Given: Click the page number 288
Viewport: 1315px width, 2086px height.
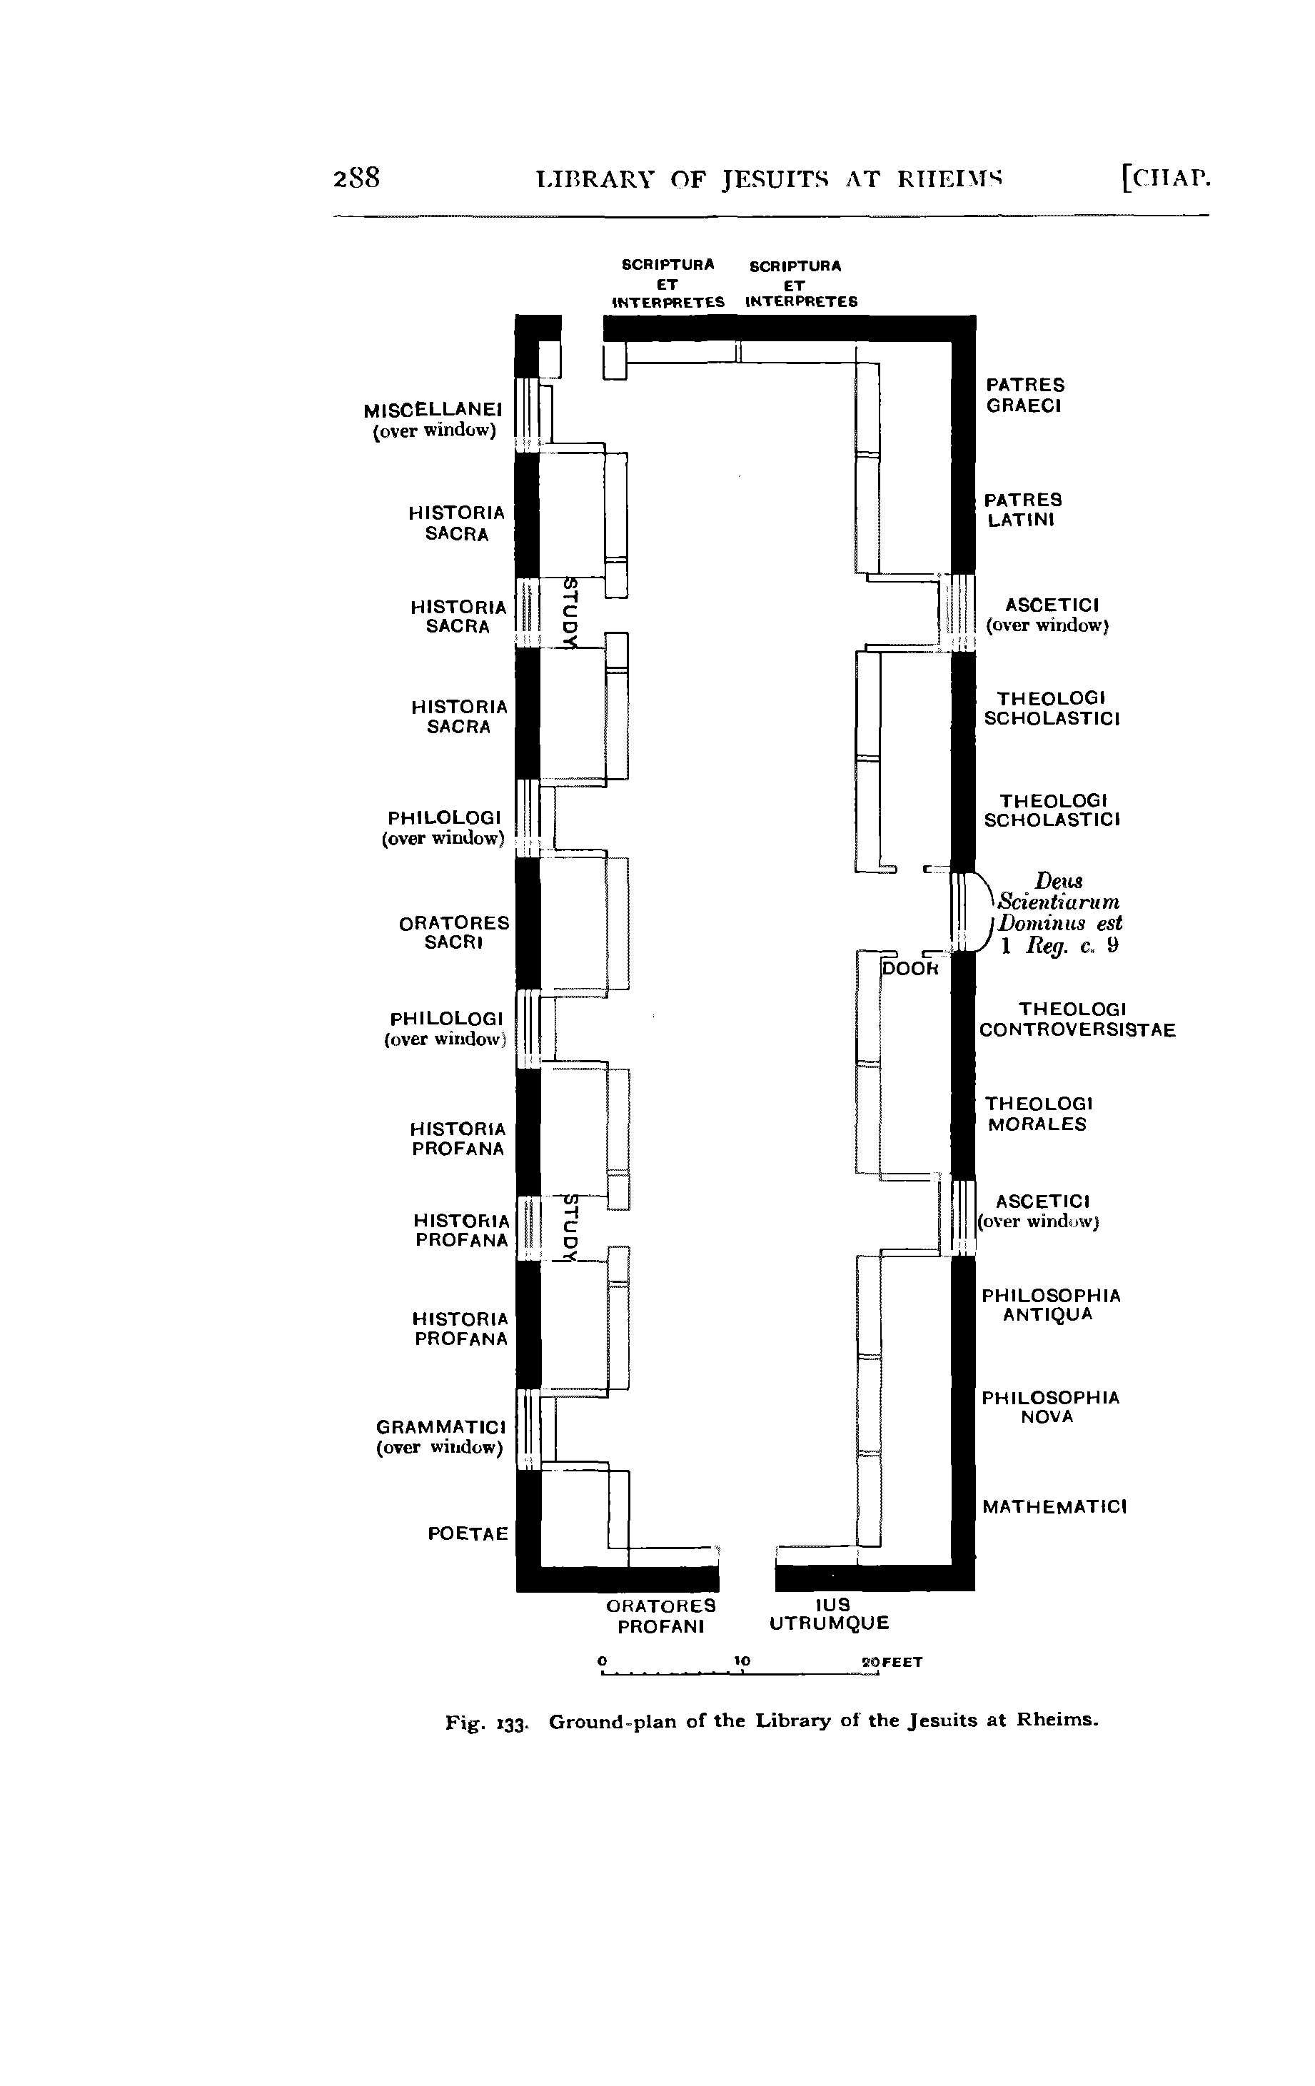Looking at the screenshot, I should [357, 178].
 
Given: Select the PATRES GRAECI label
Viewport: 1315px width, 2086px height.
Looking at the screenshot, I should [1024, 395].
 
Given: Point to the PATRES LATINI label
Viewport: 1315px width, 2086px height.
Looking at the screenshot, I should [1022, 510].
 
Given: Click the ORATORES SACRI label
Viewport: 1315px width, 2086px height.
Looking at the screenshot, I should [454, 933].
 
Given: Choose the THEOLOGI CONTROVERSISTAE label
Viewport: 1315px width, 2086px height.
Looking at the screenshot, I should [1077, 1019].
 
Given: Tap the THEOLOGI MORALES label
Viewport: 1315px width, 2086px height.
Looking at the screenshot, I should [1038, 1114].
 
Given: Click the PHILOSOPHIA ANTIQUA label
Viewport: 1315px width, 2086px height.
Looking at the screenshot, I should [1051, 1304].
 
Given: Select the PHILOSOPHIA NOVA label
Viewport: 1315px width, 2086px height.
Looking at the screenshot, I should [1050, 1407].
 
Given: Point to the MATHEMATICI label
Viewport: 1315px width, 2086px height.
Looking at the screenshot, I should [1054, 1507].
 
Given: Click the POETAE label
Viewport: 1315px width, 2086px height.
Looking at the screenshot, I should [468, 1534].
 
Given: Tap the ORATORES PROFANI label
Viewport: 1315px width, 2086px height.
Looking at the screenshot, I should [661, 1616].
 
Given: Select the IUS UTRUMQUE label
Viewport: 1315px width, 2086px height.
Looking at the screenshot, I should [829, 1615].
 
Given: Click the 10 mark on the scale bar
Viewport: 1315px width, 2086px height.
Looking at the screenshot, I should [742, 1661].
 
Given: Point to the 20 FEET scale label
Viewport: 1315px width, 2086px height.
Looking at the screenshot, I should [892, 1663].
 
